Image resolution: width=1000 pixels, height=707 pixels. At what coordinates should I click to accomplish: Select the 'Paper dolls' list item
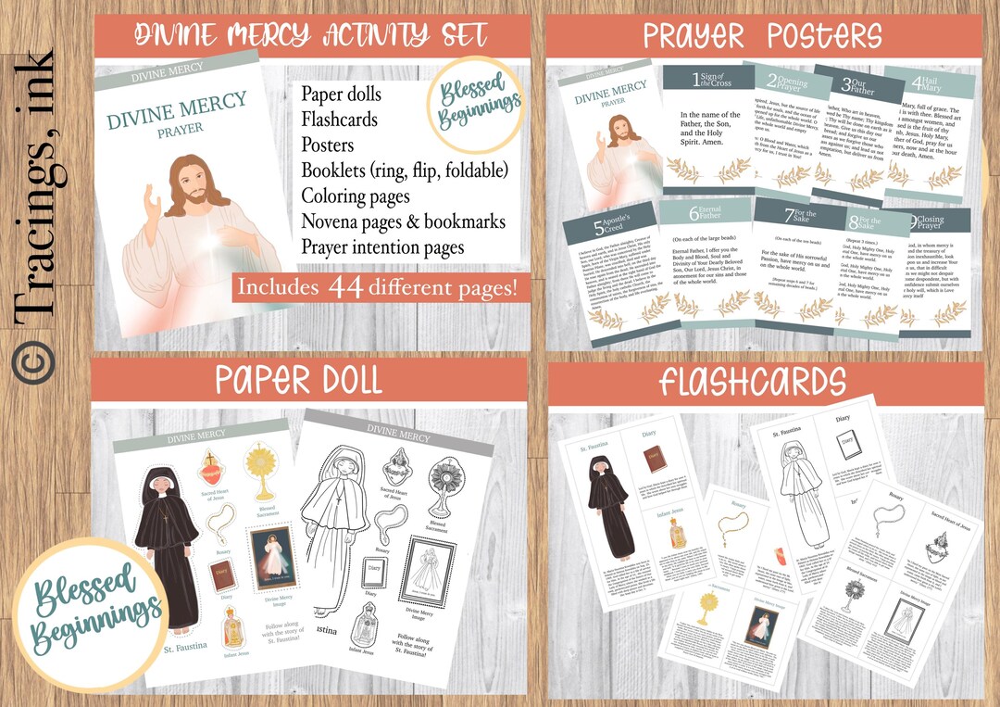[x=341, y=94]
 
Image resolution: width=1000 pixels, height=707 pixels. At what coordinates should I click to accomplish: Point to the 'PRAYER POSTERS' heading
[x=762, y=36]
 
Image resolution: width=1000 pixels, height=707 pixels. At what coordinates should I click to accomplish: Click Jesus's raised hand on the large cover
[x=153, y=204]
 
